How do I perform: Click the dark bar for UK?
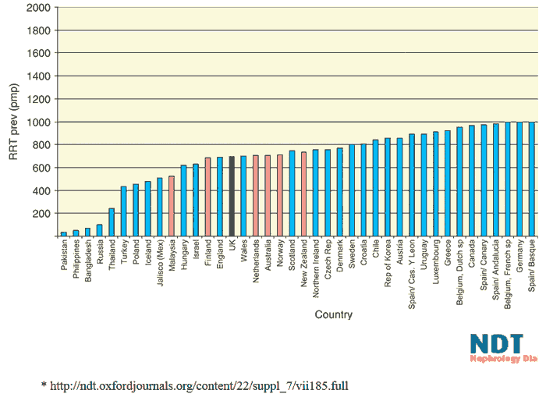(x=232, y=196)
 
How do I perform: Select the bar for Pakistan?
(x=63, y=233)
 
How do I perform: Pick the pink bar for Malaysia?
(x=172, y=206)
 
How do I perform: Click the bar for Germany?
(x=519, y=179)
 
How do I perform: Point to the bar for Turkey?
(x=123, y=211)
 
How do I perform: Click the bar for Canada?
(x=471, y=180)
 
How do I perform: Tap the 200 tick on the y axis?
(x=41, y=213)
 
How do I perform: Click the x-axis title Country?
(x=333, y=315)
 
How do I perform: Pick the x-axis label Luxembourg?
(x=435, y=264)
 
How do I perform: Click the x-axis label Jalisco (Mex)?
(x=159, y=266)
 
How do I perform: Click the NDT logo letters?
(x=496, y=344)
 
